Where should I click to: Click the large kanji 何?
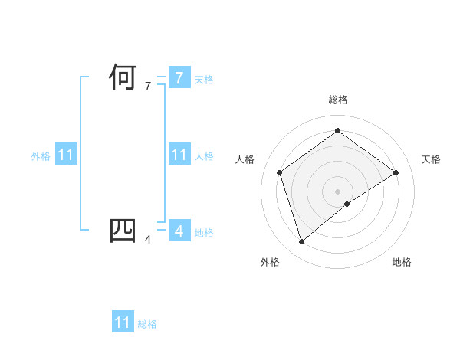point(123,79)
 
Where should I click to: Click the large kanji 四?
point(123,232)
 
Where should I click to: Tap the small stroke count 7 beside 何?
point(148,87)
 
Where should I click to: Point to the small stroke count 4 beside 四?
point(148,240)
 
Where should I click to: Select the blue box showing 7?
point(179,78)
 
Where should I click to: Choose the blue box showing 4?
point(179,231)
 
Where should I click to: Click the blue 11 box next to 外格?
point(66,155)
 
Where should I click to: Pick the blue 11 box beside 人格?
point(179,155)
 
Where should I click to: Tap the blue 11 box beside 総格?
point(123,322)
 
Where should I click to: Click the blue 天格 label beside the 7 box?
point(204,80)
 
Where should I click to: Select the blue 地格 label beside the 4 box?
point(204,233)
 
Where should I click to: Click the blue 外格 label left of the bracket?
point(41,156)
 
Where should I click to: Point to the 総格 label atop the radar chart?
point(337,100)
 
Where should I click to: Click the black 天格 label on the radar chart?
point(432,159)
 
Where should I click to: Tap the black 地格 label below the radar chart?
point(402,262)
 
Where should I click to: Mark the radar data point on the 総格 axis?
point(337,131)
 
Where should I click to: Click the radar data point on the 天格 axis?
point(396,172)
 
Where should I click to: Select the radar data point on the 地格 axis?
point(347,204)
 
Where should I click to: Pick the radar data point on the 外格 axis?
point(301,242)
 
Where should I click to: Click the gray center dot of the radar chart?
point(337,191)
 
